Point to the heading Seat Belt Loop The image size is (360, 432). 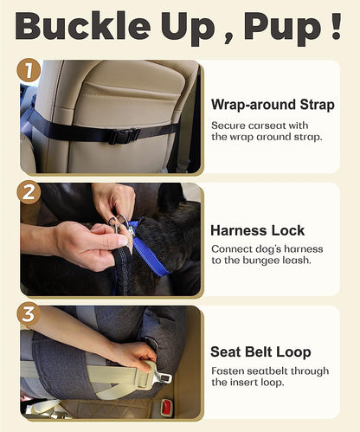(x=260, y=352)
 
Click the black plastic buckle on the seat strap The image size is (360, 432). (x=123, y=135)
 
